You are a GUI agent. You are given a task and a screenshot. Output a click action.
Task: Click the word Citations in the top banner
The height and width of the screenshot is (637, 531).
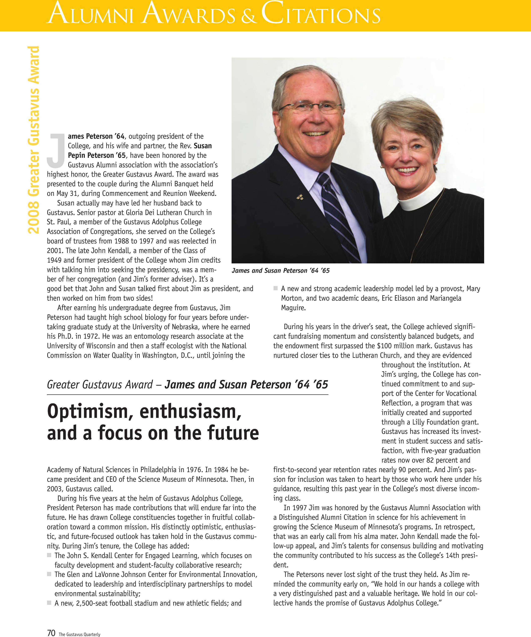(320, 14)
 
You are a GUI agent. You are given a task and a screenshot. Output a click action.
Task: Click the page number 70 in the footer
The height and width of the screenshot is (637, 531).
(51, 633)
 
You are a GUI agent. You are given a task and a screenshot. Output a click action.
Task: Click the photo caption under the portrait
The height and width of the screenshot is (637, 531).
(280, 270)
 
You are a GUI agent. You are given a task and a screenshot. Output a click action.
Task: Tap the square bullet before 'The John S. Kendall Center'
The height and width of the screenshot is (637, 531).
(49, 555)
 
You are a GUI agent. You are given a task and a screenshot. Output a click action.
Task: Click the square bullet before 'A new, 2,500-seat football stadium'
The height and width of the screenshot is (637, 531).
(49, 603)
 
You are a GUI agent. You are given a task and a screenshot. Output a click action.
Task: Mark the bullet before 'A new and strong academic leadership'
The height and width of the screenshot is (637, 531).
(275, 288)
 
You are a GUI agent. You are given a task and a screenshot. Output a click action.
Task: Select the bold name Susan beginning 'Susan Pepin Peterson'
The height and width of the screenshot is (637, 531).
(203, 146)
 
